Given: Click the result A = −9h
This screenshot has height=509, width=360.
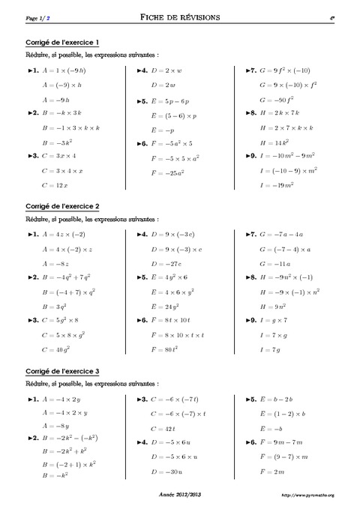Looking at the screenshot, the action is [x=56, y=99].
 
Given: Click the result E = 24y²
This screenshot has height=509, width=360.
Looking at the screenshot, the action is [x=166, y=306].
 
